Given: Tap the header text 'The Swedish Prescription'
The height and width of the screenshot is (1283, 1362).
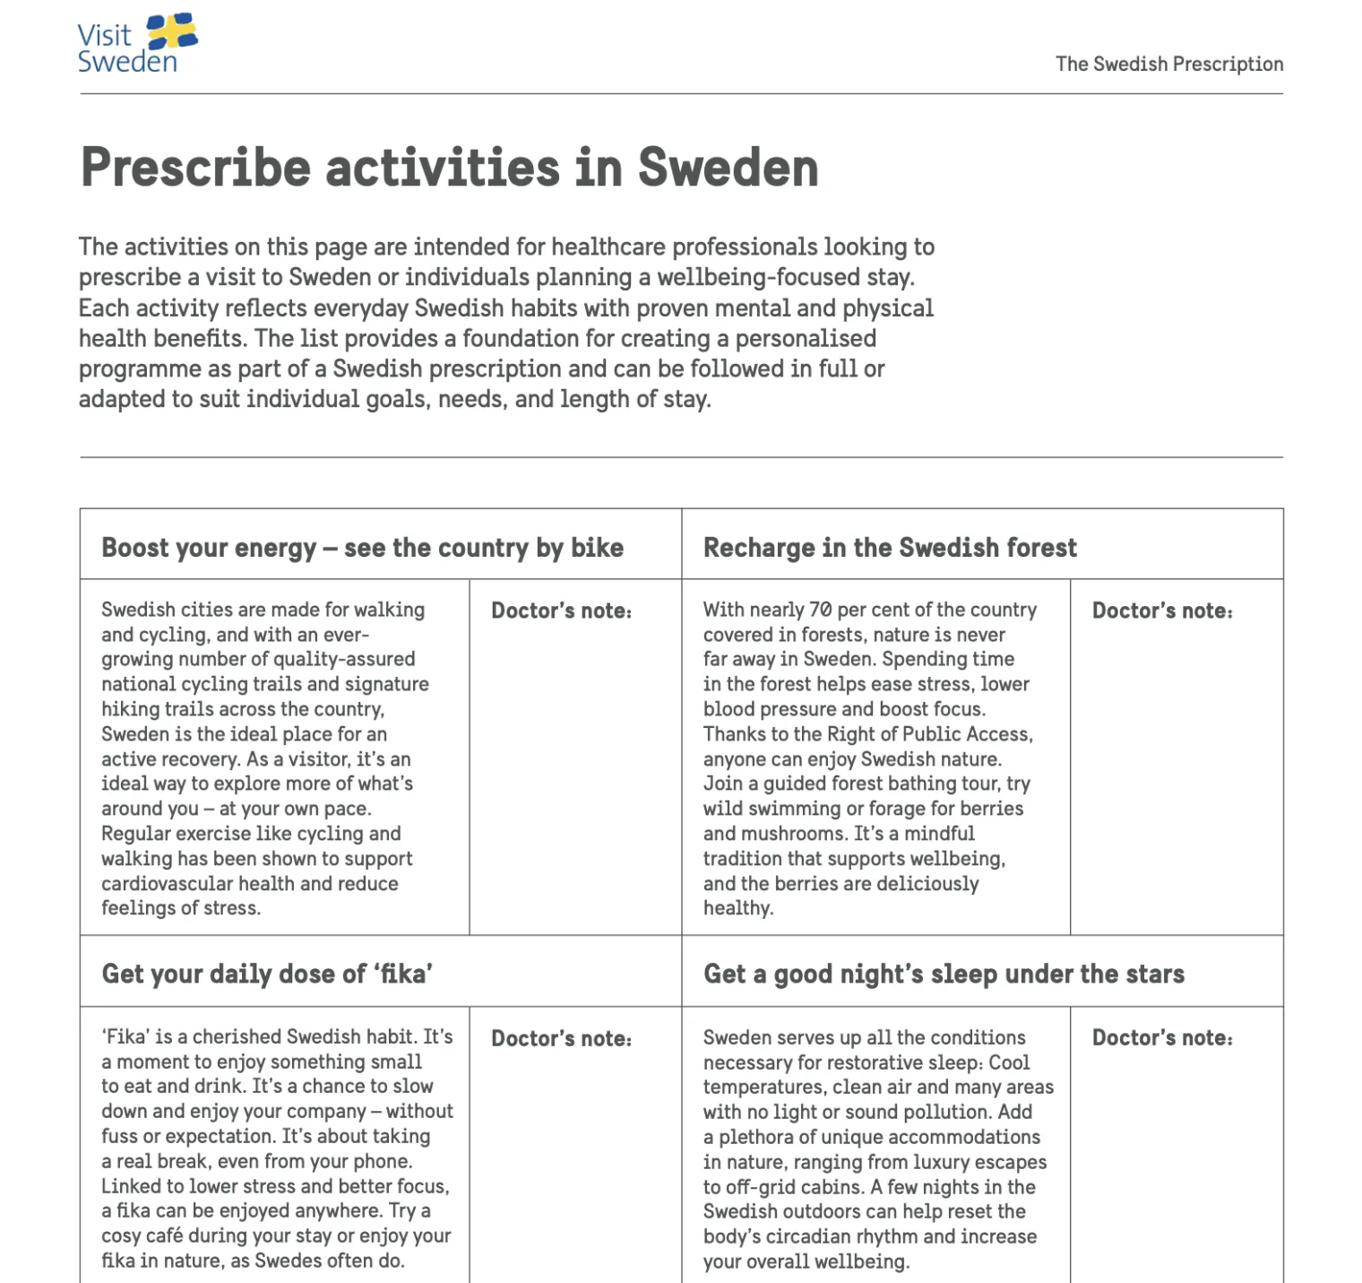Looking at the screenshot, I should (1168, 65).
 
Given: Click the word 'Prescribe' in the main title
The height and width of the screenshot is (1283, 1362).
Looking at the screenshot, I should (195, 168).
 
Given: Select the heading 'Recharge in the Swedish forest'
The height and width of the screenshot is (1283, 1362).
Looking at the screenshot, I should (889, 548).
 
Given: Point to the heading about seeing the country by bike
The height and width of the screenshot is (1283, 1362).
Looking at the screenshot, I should (362, 548).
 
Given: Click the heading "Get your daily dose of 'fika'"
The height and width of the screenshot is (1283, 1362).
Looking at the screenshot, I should (267, 974).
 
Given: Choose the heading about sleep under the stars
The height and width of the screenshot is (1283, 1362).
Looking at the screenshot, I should (943, 974).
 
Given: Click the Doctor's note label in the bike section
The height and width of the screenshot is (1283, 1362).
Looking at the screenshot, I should (561, 611).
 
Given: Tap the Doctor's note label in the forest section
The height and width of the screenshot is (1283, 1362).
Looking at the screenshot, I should (1161, 611).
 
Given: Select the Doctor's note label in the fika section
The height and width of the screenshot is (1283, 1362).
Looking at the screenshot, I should (561, 1039).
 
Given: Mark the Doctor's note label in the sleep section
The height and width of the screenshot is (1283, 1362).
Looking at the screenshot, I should (1161, 1038).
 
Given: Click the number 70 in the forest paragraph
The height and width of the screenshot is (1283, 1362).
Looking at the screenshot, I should (820, 611).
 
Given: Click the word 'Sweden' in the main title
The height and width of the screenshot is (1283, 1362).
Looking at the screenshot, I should (728, 168).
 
